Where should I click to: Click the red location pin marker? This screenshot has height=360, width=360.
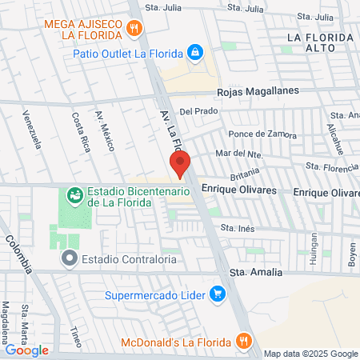coord(181,163)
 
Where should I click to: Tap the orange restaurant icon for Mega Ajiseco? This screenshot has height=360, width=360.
coord(134,30)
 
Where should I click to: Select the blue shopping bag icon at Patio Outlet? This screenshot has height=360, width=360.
coord(194,53)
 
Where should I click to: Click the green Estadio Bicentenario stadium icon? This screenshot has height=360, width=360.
coord(74,193)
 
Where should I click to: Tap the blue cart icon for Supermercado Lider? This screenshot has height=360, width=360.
coord(216,294)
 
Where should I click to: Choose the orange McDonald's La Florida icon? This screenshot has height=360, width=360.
coord(244,342)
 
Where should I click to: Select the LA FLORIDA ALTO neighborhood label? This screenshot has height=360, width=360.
coord(320,44)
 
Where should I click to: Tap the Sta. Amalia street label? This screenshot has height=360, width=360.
coord(256,272)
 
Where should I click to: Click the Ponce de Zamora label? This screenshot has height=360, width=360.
coord(258,134)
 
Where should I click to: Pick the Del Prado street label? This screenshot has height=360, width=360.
coord(199,111)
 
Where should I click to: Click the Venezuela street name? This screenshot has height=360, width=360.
coord(32,129)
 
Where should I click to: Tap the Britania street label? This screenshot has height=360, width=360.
coord(246,174)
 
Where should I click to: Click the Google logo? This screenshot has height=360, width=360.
coord(27,349)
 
